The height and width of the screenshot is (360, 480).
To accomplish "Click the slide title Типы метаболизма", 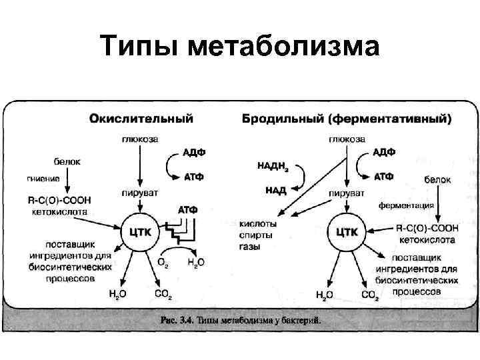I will point(240,47).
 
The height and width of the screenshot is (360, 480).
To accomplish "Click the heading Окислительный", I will point(142,119).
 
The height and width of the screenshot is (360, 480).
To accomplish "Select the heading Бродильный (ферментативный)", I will point(346,119).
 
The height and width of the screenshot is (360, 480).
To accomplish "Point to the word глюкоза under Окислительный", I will point(139,139).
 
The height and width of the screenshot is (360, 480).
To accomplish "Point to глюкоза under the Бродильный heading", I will point(346,139).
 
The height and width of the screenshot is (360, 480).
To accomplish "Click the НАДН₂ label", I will point(273,164).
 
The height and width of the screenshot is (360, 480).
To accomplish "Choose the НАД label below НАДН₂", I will point(276,190).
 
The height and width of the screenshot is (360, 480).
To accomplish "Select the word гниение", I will point(43,178).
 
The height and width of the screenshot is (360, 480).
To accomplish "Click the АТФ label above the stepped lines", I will point(188,210).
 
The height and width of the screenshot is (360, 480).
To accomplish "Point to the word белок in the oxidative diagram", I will point(67,161).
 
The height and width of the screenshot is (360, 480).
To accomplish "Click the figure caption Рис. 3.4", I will point(241,319).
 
